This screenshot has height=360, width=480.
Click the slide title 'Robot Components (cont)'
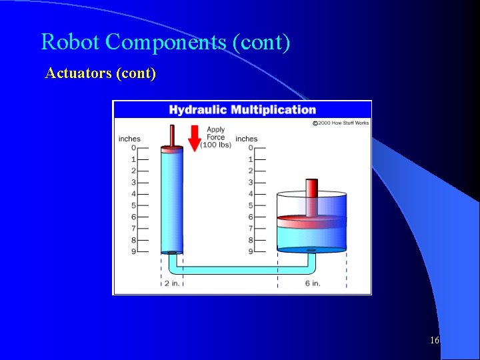click(165, 42)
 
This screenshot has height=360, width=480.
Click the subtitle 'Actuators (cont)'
click(101, 73)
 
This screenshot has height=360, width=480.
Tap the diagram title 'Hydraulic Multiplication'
click(242, 110)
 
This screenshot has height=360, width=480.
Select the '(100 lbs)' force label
click(215, 145)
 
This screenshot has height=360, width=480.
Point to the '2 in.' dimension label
click(171, 283)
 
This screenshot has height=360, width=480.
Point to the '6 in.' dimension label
click(312, 283)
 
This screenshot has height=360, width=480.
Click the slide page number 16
click(434, 341)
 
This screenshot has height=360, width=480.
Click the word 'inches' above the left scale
click(129, 139)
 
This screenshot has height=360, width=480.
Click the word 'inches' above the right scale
click(246, 139)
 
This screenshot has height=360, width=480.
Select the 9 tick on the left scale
click(133, 251)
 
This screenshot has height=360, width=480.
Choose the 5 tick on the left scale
click(133, 205)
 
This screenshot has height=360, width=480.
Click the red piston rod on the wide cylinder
click(311, 197)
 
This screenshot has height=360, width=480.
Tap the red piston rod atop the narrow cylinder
click(171, 136)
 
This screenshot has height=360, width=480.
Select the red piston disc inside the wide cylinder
click(311, 218)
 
